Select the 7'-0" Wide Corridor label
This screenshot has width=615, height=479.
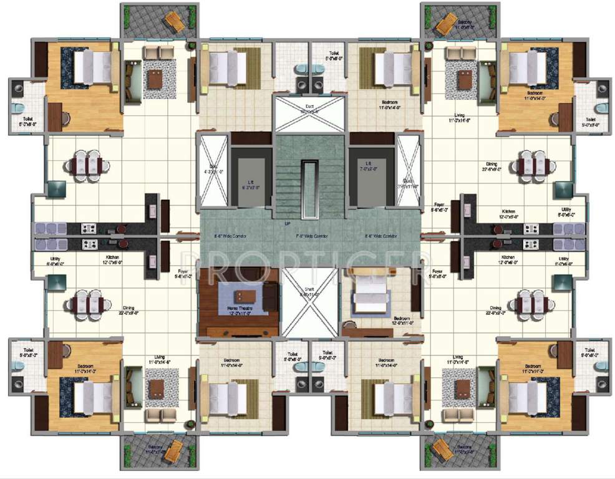(311, 236)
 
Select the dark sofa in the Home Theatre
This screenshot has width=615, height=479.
(270, 297)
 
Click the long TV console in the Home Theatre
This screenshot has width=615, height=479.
(238, 330)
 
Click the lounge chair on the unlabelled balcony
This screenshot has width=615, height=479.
(172, 22)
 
